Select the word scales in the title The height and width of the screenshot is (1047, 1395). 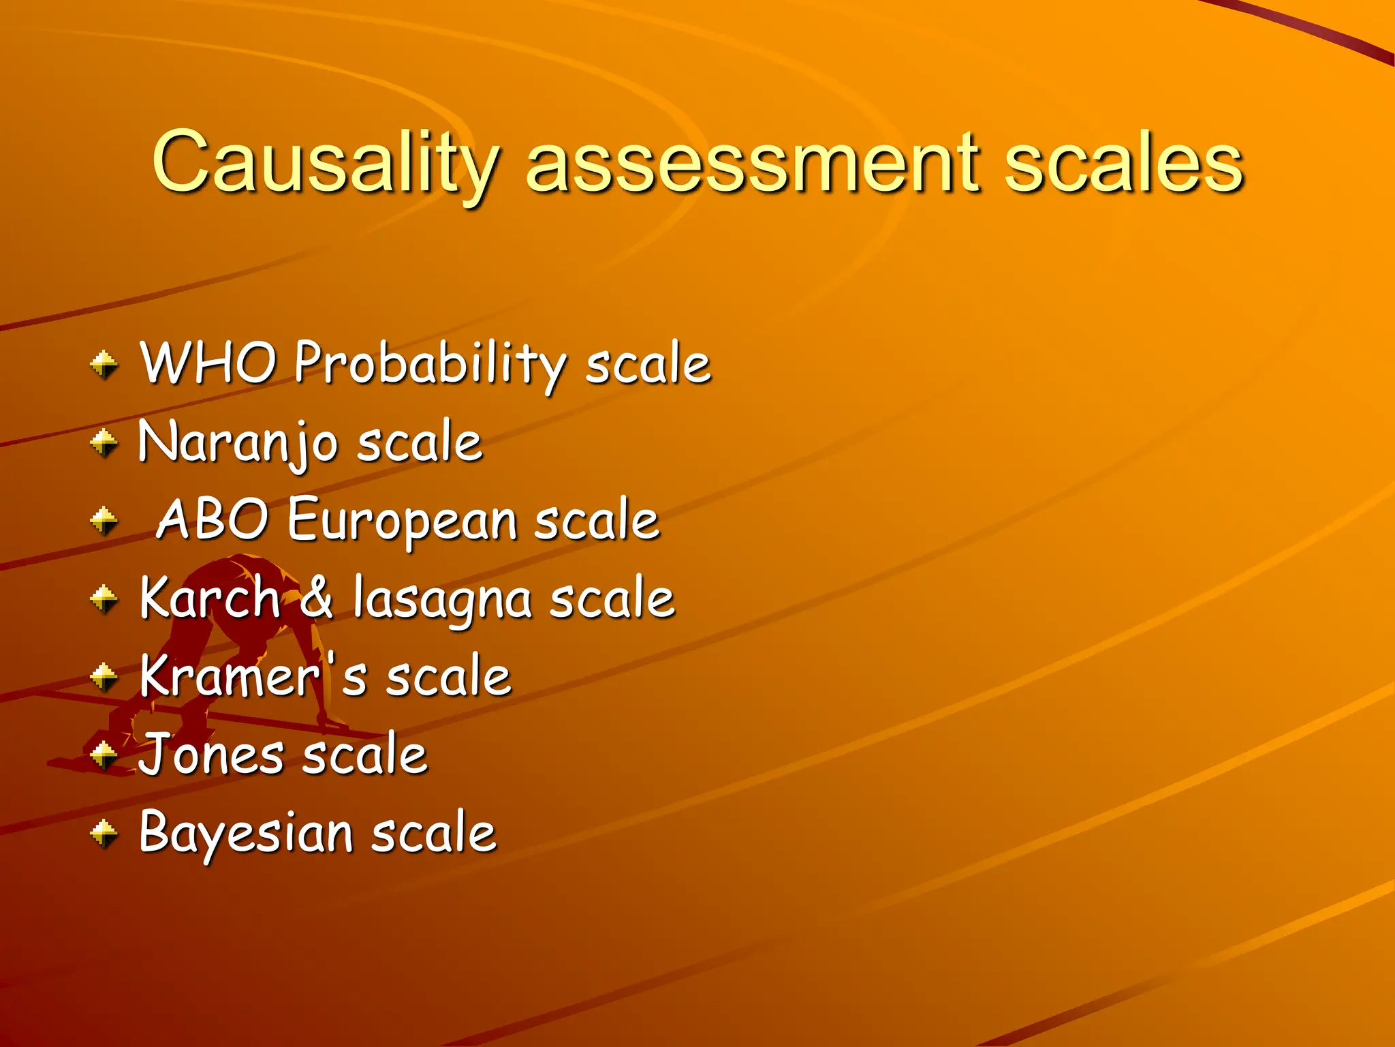pos(1124,164)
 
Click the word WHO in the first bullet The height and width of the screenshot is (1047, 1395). pos(208,363)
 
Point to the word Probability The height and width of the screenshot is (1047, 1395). pos(429,365)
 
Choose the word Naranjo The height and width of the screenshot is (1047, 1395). pos(238,443)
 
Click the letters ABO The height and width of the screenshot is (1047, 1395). pos(212,519)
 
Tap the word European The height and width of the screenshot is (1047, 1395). pos(402,521)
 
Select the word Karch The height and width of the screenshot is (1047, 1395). pos(210,598)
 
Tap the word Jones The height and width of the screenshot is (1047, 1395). pos(211,755)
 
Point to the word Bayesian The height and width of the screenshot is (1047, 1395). pos(245,834)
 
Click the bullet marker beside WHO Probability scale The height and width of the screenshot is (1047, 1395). pos(104,364)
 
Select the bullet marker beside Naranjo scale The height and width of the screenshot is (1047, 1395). pos(104,443)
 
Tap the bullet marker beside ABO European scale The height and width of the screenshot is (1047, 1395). pos(104,521)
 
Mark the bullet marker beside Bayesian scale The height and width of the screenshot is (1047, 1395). pos(104,833)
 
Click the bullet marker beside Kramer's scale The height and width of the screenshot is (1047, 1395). pos(104,678)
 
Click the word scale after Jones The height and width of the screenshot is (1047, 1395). pos(364,755)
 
